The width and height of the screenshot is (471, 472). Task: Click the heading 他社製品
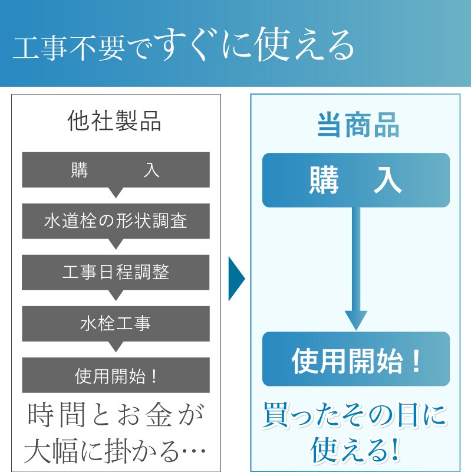tap(115, 122)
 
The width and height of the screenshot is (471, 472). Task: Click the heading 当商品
tap(358, 126)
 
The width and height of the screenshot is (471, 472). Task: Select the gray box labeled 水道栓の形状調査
tap(116, 221)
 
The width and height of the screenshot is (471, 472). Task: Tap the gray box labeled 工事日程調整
tap(116, 272)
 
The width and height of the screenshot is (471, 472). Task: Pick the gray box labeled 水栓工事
tap(116, 323)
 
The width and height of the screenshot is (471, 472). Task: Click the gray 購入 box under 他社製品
tap(116, 170)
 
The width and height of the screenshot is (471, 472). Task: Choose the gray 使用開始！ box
tap(116, 375)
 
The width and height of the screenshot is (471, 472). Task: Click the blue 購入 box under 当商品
tap(355, 180)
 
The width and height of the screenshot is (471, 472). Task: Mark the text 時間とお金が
tap(116, 417)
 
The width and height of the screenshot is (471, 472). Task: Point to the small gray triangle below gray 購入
tap(116, 192)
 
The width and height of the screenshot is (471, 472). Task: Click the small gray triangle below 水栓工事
tap(116, 346)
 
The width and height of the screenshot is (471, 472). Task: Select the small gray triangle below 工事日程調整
tap(116, 295)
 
